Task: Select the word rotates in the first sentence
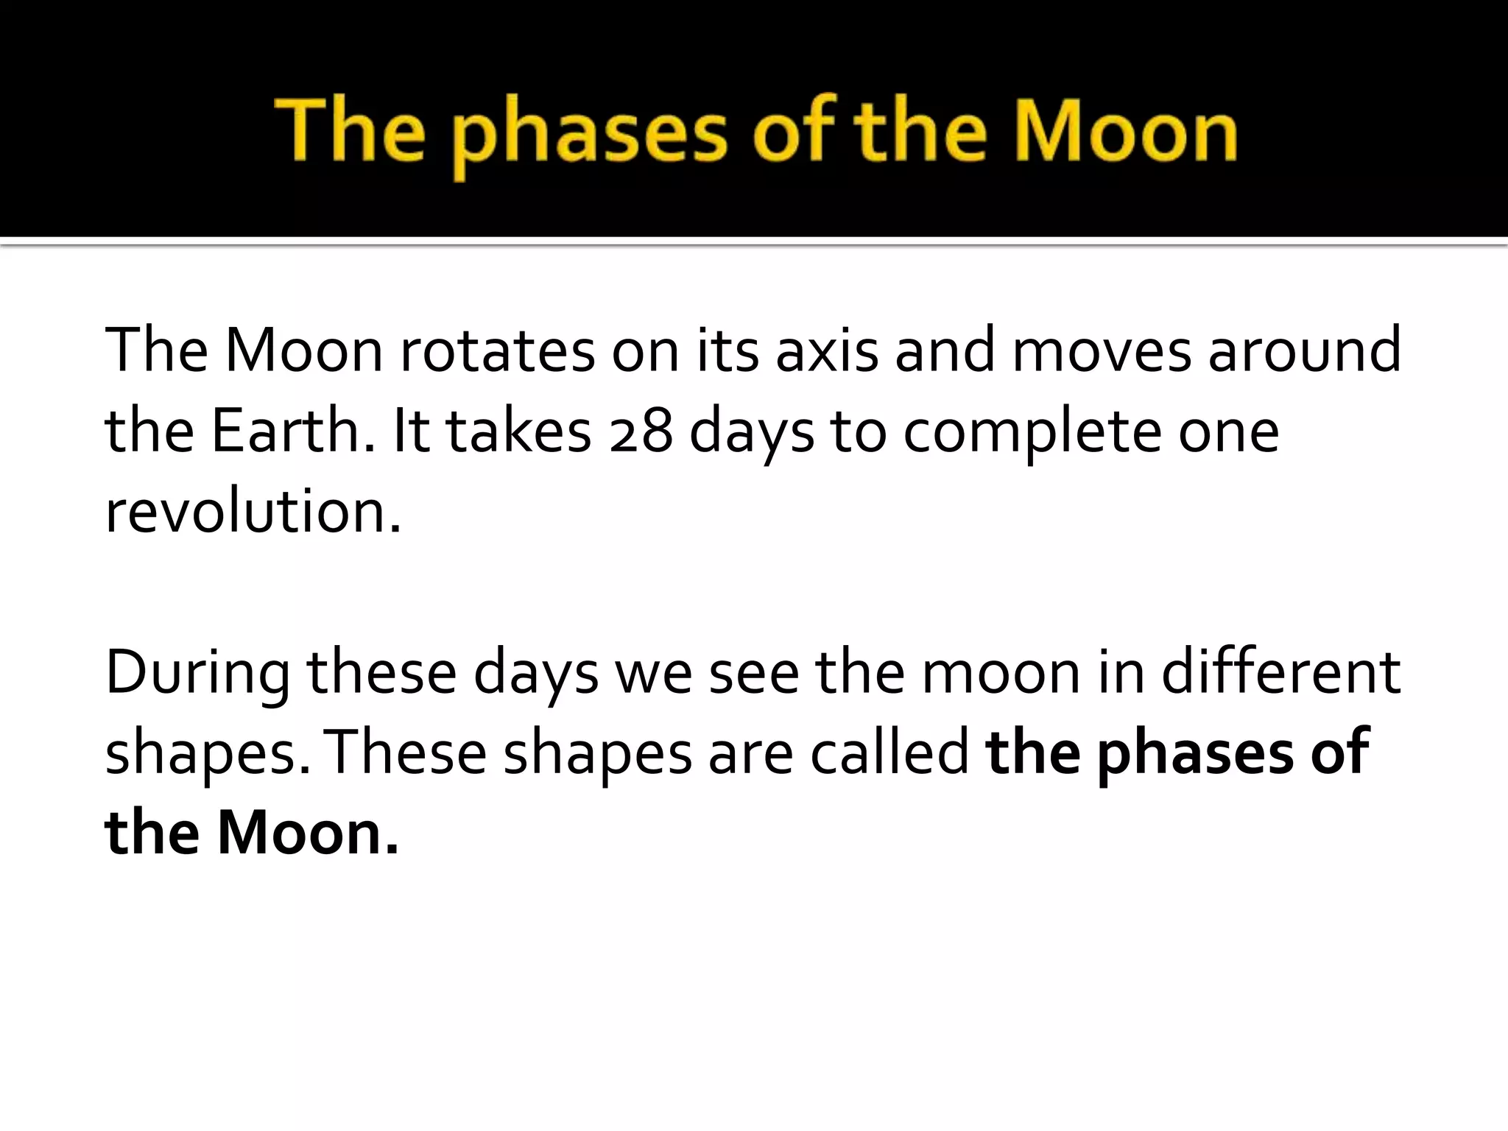[496, 350]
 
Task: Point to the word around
[1304, 350]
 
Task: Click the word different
[1280, 672]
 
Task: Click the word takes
[519, 431]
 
